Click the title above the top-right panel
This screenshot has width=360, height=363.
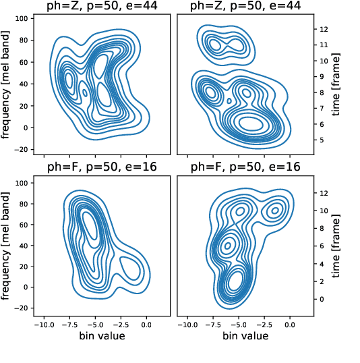(243, 8)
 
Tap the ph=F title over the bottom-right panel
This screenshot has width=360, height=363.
(243, 167)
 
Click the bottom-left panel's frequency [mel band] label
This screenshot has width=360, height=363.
(9, 243)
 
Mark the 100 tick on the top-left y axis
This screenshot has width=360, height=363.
(22, 19)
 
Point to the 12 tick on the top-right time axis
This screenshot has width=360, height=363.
(324, 29)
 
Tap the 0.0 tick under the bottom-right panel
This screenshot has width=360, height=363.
(290, 324)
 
